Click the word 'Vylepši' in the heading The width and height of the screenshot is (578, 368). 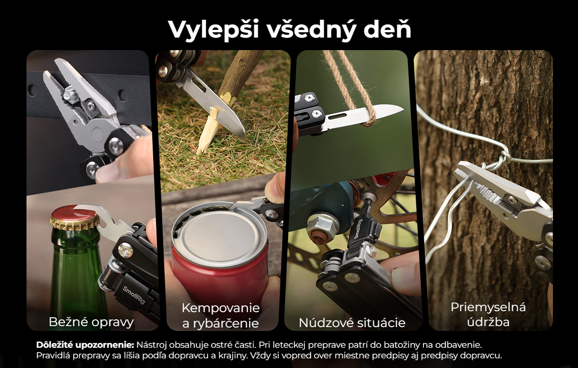(x=214, y=30)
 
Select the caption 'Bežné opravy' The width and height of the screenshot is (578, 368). (x=91, y=322)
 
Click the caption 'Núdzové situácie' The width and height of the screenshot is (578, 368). (x=352, y=323)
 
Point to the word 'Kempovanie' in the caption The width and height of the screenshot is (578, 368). (x=221, y=308)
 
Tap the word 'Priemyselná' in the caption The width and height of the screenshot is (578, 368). (x=488, y=308)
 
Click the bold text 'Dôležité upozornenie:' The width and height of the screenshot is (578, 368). (x=85, y=345)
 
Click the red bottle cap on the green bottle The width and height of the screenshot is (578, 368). (x=75, y=216)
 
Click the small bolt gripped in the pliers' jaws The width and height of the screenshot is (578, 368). (x=70, y=94)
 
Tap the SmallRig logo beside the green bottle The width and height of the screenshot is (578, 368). (x=134, y=295)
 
